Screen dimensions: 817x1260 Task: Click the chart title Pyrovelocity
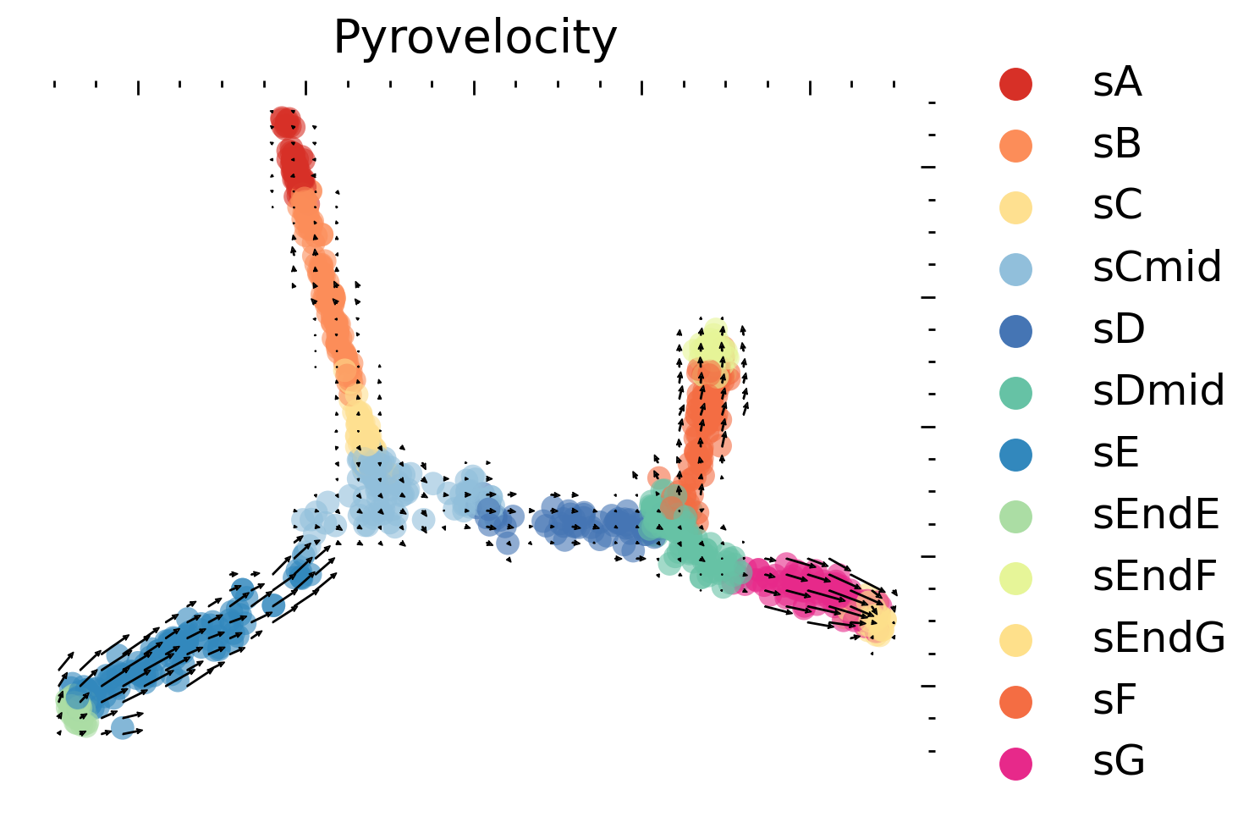click(475, 38)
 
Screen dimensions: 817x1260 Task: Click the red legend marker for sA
click(1015, 83)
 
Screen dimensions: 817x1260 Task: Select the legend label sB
click(1117, 145)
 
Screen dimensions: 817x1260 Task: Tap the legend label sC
click(1117, 206)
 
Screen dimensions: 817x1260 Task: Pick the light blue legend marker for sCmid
click(1015, 268)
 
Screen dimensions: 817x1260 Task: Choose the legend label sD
click(1119, 329)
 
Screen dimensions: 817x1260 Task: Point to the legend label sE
click(1116, 454)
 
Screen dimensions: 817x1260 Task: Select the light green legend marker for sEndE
click(1015, 516)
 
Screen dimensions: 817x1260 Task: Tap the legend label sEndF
click(1154, 577)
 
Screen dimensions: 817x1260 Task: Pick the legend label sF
click(1114, 700)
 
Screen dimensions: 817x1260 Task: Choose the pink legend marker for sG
click(1015, 762)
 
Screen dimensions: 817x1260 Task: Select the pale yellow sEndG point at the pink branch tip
click(881, 626)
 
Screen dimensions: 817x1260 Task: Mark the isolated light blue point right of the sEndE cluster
click(122, 727)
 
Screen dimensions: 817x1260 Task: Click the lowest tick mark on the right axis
click(932, 750)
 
